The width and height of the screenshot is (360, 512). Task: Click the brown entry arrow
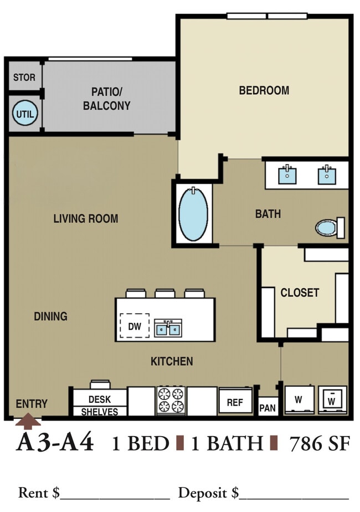tap(28, 421)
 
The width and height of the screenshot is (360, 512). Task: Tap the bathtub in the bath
tap(193, 214)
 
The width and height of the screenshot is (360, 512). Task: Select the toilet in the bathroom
tap(330, 227)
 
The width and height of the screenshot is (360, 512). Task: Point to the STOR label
tap(24, 78)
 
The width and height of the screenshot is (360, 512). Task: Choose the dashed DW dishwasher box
tap(135, 326)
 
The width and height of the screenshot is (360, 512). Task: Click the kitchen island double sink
tap(168, 328)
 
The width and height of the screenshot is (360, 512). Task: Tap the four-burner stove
tap(171, 401)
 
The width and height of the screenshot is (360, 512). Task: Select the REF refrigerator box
tap(235, 402)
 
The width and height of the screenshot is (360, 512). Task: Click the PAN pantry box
tap(268, 407)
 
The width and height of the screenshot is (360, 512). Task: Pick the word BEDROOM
tap(264, 90)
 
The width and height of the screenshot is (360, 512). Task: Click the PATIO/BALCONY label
tap(106, 99)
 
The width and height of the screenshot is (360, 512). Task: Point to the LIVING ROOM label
tap(86, 218)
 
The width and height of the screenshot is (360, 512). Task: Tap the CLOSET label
tap(300, 293)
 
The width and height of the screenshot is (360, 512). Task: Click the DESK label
tap(100, 400)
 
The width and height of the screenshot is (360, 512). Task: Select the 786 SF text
tap(320, 444)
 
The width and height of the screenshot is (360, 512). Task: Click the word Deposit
tap(202, 493)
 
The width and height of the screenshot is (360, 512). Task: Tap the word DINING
tap(50, 316)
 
